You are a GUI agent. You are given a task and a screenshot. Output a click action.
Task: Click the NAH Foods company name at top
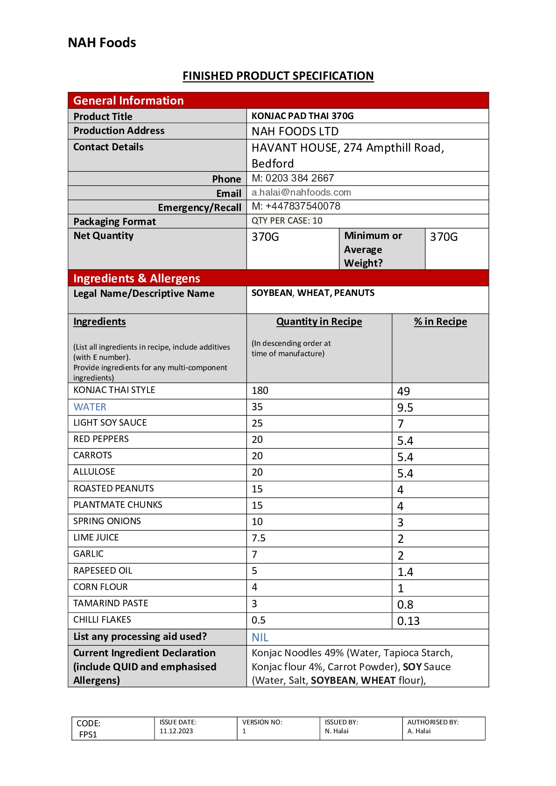pos(102,43)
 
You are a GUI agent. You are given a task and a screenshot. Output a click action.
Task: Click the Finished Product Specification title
pos(278,76)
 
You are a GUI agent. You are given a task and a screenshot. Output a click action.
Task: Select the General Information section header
pos(128,101)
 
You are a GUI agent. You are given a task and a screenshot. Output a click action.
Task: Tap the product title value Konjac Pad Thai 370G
pos(303,116)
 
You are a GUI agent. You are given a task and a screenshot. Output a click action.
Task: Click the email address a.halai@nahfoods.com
pos(301,192)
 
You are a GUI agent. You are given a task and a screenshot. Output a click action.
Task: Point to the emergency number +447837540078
pos(296,206)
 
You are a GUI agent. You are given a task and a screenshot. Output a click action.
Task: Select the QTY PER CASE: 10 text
pos(287,221)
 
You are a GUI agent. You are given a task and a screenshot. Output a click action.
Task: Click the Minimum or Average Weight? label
pos(373,249)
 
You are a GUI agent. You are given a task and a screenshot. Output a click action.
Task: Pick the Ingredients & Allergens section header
pos(136,279)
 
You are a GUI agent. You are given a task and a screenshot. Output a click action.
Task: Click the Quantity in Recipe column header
pos(319,322)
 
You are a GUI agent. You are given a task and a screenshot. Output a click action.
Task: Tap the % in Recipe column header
pos(440,322)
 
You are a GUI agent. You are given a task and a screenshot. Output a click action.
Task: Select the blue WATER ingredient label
pos(90,407)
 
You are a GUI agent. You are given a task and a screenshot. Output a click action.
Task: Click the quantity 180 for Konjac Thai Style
pos(260,391)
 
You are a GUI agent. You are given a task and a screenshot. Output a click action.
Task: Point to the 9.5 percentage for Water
pos(405,408)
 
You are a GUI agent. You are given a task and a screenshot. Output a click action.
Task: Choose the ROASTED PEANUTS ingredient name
pos(113,488)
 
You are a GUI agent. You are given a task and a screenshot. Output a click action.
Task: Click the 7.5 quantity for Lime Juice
pos(258,538)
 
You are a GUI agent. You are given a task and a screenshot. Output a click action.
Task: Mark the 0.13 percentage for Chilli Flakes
pos(408,621)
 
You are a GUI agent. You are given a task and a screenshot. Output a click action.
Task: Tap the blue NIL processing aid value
pos(260,638)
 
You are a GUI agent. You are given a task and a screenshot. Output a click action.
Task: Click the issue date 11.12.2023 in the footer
pos(176,731)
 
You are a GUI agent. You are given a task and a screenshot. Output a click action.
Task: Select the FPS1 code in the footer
pos(88,734)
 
